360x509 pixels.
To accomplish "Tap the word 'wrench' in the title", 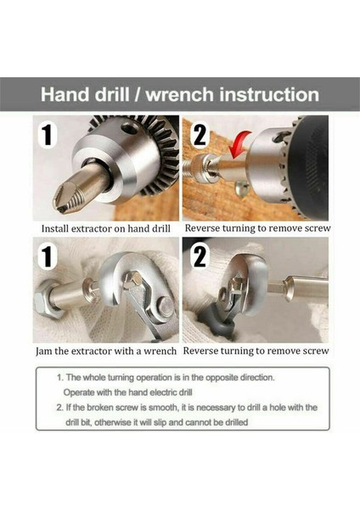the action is tap(180, 94).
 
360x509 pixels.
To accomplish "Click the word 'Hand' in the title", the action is tap(65, 94).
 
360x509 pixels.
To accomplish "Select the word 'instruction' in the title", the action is tap(269, 94).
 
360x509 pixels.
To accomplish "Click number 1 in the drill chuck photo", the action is tap(48, 135).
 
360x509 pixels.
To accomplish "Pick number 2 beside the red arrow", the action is tap(200, 136).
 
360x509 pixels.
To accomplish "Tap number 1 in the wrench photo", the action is tap(48, 256).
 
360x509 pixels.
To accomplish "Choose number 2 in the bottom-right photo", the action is tap(200, 256).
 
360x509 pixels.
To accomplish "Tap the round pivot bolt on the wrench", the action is tap(166, 307).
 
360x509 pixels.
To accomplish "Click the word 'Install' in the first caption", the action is tap(55, 228).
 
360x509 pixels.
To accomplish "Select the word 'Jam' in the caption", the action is tap(44, 351).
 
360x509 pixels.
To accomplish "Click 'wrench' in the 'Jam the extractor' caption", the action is tap(160, 351).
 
